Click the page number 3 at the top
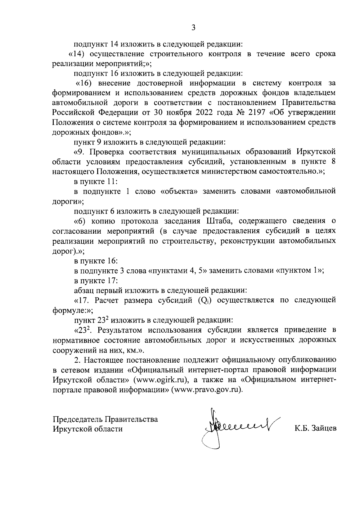[193, 28]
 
